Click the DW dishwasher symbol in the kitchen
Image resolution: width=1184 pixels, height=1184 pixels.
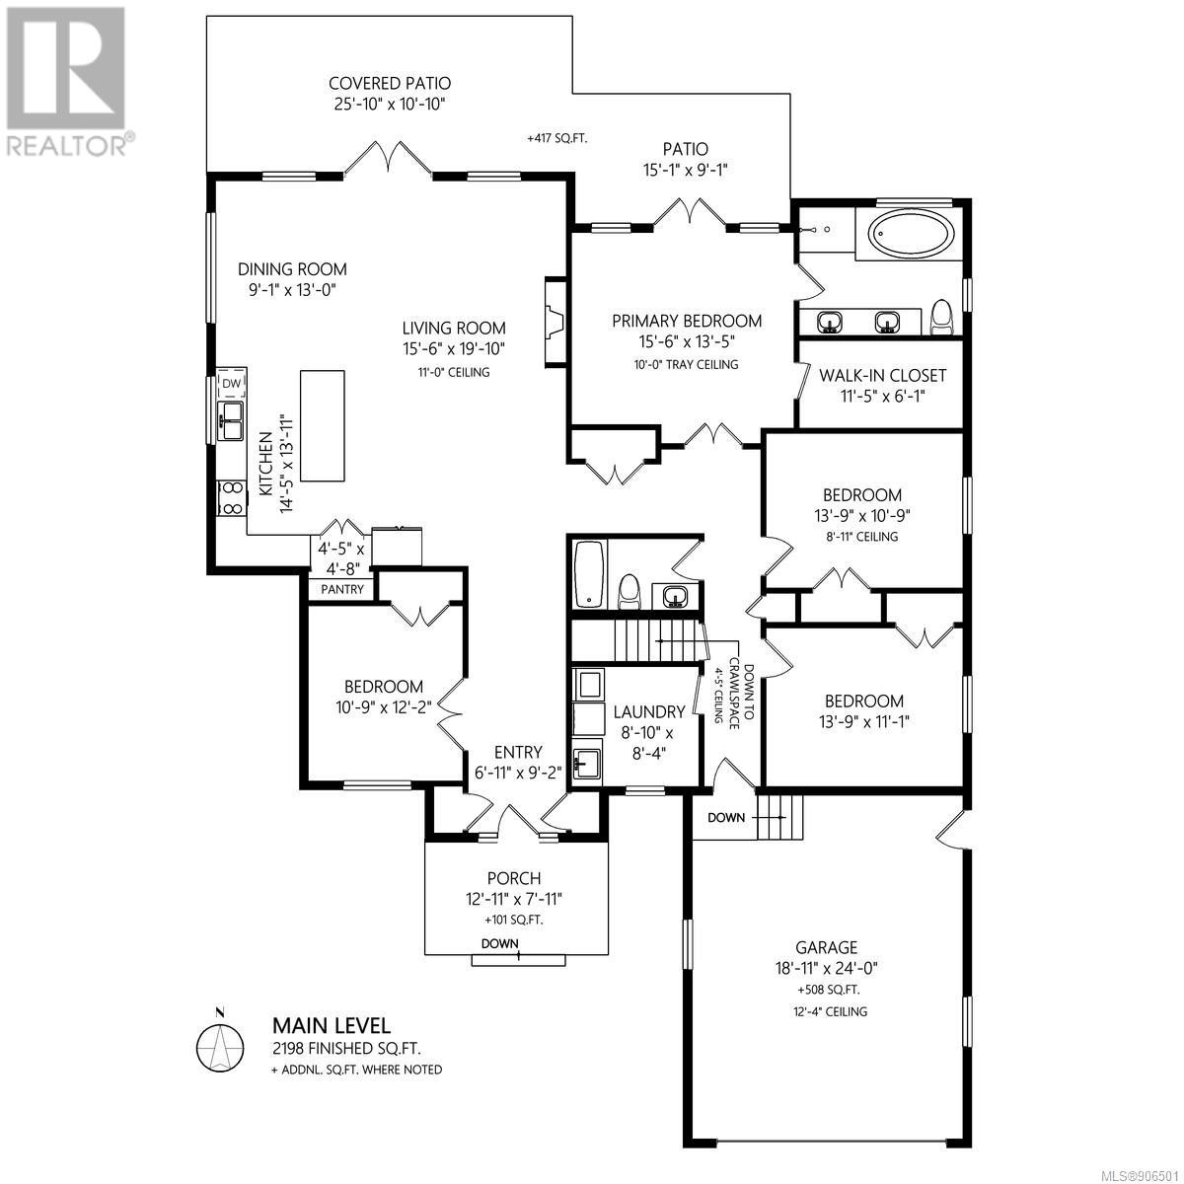point(231,384)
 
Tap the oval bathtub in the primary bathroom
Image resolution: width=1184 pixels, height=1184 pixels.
point(912,234)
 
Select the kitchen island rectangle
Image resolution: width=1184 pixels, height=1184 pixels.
point(322,426)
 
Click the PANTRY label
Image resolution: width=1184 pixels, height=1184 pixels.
point(342,589)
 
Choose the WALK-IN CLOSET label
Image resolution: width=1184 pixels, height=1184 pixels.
point(882,375)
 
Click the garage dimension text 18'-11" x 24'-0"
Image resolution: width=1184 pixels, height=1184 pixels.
point(826,968)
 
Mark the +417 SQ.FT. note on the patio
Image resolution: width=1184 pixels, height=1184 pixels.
point(556,138)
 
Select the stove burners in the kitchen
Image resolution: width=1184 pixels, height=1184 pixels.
point(232,498)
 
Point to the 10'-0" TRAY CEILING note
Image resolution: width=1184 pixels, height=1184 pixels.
point(686,364)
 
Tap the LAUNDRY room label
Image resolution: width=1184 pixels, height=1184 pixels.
point(649,711)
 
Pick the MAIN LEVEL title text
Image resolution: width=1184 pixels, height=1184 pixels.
point(332,1025)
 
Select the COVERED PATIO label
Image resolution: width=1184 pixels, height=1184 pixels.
point(390,83)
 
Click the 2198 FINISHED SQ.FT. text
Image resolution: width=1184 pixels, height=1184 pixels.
point(346,1048)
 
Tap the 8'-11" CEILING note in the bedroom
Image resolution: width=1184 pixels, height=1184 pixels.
point(861,537)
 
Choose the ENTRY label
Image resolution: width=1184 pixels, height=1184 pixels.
point(519,752)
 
